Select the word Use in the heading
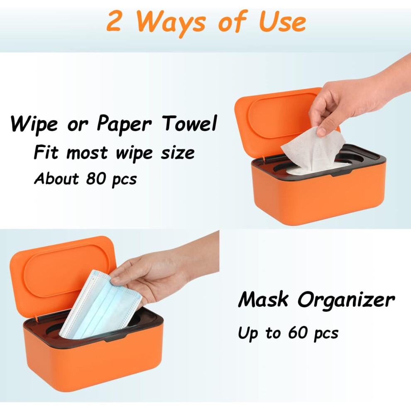pyautogui.click(x=283, y=21)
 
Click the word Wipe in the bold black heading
pyautogui.click(x=34, y=124)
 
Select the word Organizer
pyautogui.click(x=346, y=301)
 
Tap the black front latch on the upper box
pyautogui.click(x=341, y=173)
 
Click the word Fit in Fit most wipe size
pyautogui.click(x=46, y=152)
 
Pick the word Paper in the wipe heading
pyautogui.click(x=124, y=124)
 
